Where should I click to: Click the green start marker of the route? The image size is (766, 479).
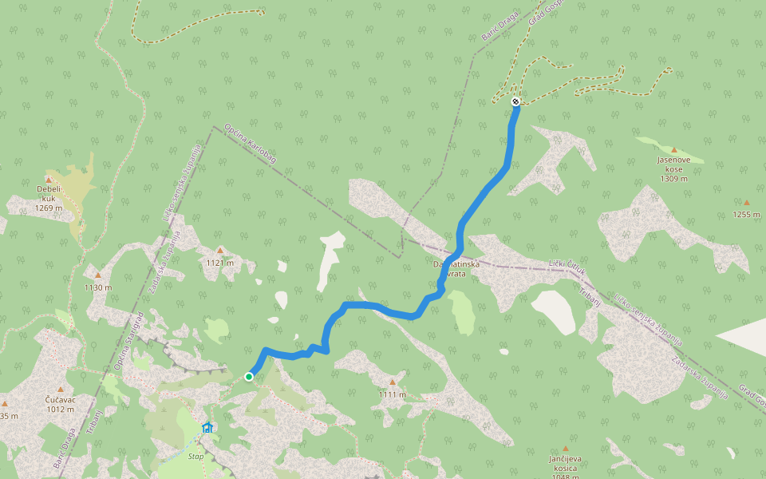(x=249, y=377)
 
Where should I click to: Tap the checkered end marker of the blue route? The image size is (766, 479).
(x=516, y=101)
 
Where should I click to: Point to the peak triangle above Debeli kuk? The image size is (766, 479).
(x=49, y=180)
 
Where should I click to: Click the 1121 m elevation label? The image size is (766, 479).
(x=220, y=263)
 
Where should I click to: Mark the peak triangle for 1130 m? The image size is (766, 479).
(x=98, y=276)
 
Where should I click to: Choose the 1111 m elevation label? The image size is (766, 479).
(x=393, y=394)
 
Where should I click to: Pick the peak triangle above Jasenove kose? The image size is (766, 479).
(x=673, y=150)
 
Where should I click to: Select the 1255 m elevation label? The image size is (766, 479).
(x=747, y=215)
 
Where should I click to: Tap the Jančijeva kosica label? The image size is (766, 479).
(x=566, y=464)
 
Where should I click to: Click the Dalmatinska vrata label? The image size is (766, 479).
(x=456, y=268)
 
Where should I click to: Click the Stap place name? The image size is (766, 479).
(x=195, y=457)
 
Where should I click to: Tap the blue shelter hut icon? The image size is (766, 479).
(x=207, y=428)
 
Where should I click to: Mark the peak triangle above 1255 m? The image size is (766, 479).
(x=747, y=203)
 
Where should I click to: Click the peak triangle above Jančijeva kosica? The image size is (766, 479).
(x=566, y=449)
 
